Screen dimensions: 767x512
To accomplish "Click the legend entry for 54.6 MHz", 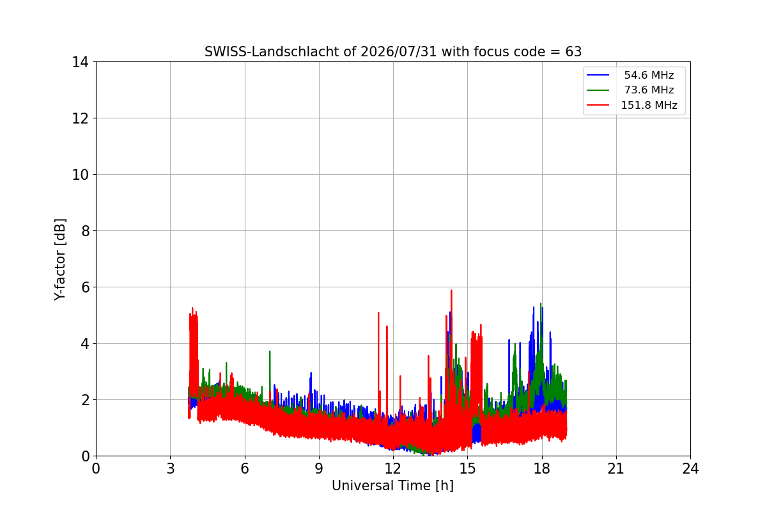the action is tap(649, 75).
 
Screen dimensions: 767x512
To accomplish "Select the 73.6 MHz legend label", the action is tap(649, 90).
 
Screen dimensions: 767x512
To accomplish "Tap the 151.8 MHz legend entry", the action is tap(649, 105).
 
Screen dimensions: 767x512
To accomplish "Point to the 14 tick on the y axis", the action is tap(80, 62).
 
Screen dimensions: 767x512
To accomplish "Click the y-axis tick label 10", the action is tap(80, 175).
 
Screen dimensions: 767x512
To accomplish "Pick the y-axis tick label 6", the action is tap(85, 287).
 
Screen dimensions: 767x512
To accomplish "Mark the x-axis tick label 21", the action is tap(616, 468).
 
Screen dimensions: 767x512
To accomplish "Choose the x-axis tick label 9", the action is tap(319, 468).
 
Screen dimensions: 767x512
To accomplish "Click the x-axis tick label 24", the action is tap(690, 468).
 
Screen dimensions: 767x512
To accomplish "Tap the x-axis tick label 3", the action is tap(171, 468).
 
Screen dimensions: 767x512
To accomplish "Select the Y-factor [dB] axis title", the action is tap(60, 260).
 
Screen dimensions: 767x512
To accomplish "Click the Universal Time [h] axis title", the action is tap(392, 486).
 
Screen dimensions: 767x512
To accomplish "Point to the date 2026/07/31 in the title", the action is tap(399, 52).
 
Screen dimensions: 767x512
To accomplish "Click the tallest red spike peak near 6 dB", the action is tap(451, 291).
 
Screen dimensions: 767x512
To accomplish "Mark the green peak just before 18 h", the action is tap(541, 303).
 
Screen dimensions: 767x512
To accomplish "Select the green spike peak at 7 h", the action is tap(270, 351).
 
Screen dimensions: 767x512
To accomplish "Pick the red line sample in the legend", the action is tap(598, 105).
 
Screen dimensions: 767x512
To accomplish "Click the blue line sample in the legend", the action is tap(598, 75).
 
